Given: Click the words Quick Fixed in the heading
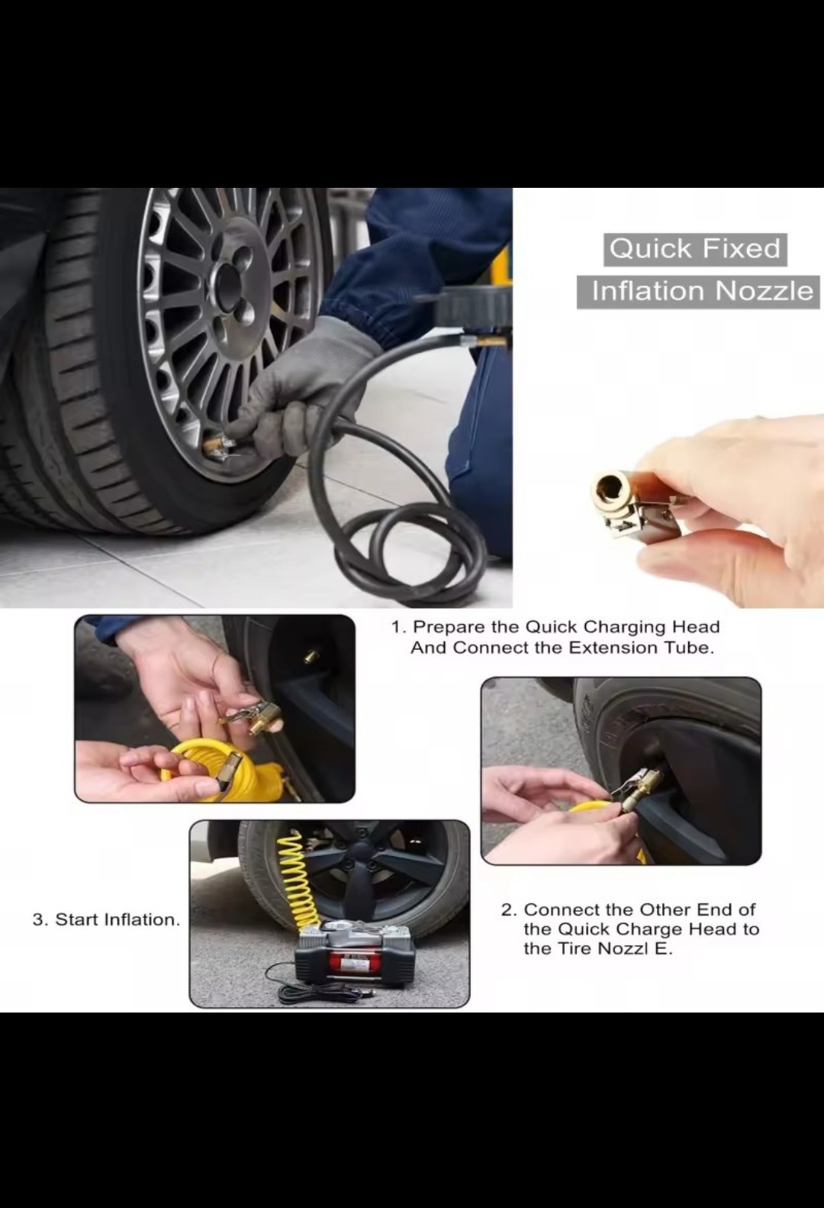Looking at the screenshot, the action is [x=695, y=249].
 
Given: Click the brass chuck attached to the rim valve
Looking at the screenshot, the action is [x=217, y=447].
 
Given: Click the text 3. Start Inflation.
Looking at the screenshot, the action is [x=106, y=919].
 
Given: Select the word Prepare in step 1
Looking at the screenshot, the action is [x=445, y=628].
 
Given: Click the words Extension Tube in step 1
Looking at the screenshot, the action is [x=642, y=648].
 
